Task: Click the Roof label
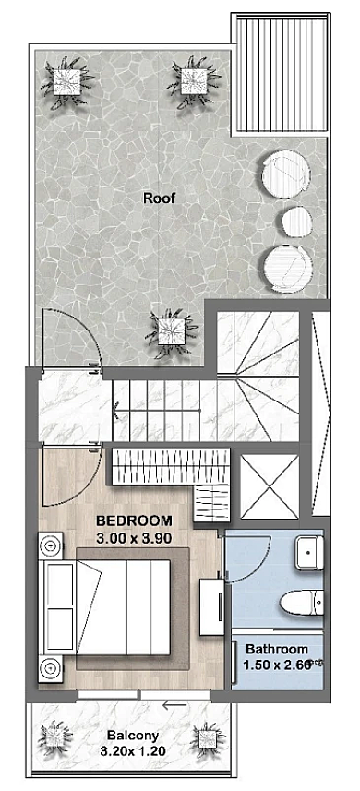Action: point(160,198)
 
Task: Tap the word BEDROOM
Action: point(134,520)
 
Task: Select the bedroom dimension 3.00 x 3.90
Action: point(134,538)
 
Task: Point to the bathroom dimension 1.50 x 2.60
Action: point(275,665)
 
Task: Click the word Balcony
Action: point(133,736)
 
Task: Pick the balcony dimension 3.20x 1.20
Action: point(133,751)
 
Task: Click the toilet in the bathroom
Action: point(302,603)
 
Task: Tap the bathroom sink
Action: point(309,553)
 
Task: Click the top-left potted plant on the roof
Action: point(67,83)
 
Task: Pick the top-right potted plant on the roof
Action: point(195,81)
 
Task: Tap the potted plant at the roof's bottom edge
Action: point(171,333)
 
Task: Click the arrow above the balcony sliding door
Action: point(175,706)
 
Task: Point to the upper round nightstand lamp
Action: point(51,545)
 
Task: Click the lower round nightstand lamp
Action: point(51,669)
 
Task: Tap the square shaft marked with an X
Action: point(270,486)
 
